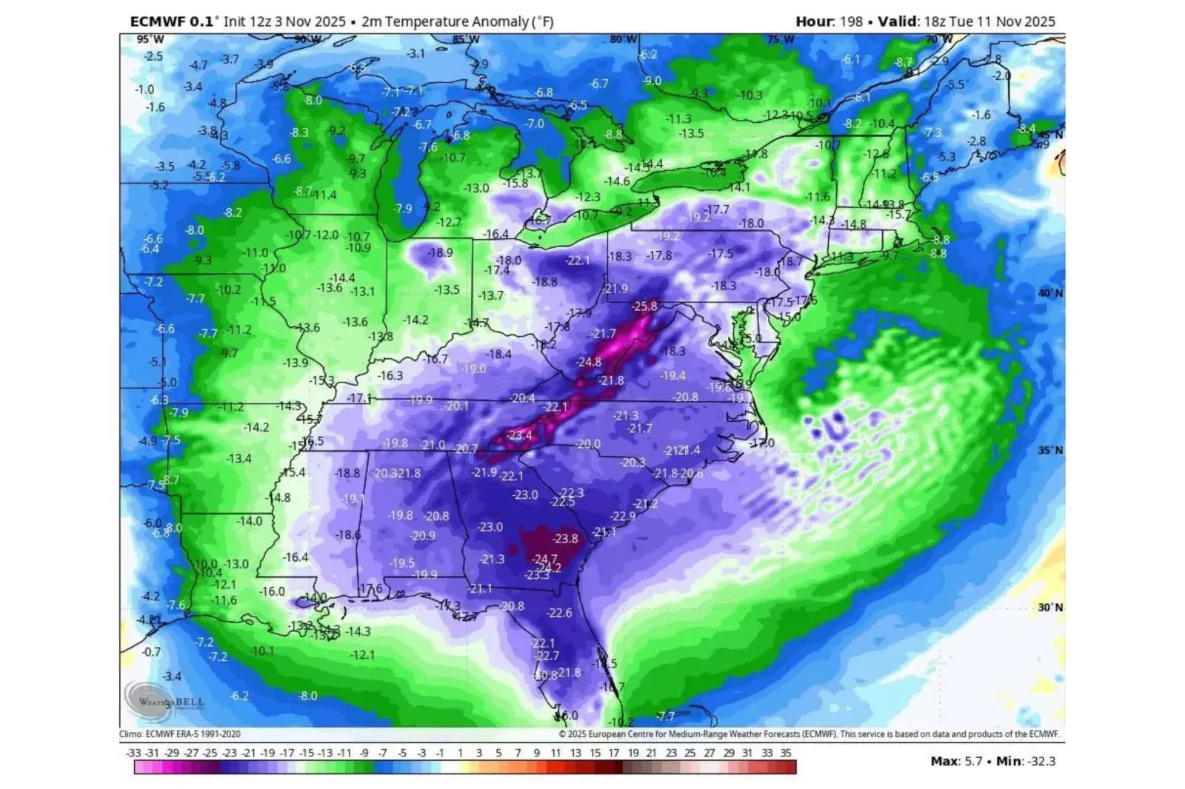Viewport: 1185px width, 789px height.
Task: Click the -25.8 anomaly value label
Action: coord(644,306)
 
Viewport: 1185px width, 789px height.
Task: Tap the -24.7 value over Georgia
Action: coord(544,559)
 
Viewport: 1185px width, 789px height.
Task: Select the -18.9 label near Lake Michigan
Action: coord(440,252)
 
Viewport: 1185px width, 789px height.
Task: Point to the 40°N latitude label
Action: coord(1049,293)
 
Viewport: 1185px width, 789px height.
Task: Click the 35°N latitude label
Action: coord(1049,450)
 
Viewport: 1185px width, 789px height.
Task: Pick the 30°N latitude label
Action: coord(1049,607)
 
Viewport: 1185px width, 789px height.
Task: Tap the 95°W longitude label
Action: coord(150,39)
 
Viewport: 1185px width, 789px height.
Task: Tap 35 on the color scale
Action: coord(786,753)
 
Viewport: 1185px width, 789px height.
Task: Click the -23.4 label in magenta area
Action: coord(518,435)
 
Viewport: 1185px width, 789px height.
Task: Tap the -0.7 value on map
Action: coord(151,652)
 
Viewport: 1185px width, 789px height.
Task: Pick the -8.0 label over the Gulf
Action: coord(307,696)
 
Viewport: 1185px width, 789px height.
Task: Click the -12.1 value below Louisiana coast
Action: coord(362,655)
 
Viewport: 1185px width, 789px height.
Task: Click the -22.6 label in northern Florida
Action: coord(559,613)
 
